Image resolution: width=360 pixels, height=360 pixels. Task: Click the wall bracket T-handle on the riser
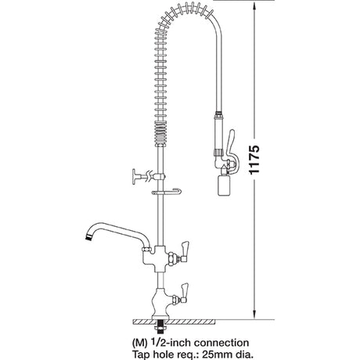click(139, 175)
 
